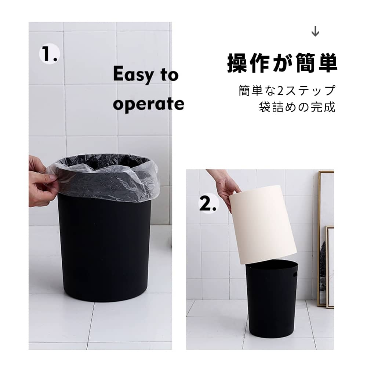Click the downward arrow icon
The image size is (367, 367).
[315, 31]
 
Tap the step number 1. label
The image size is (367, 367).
[50, 54]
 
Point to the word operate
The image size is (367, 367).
[148, 104]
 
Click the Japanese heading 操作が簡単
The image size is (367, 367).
[282, 63]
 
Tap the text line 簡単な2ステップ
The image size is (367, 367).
[287, 91]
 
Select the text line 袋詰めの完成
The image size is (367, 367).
[297, 107]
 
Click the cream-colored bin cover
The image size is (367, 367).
[263, 224]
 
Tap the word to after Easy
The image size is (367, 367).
[169, 75]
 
